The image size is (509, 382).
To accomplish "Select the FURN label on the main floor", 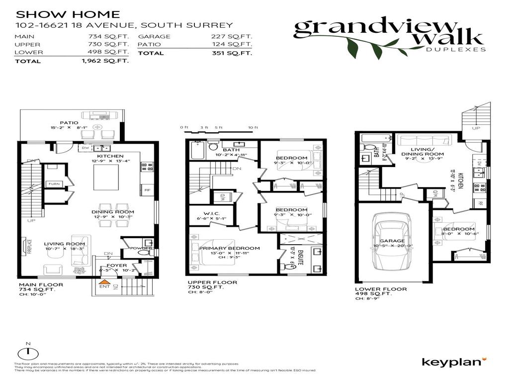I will point(53,184).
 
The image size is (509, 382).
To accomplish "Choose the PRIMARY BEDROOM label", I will point(229,248).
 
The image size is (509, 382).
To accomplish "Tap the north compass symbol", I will point(28,352).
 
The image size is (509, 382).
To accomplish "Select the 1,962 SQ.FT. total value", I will point(105,61).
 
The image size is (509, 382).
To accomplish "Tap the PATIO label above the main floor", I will point(69,122).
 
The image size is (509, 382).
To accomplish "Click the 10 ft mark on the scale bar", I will point(253,128).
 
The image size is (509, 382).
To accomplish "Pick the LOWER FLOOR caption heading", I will point(381,289).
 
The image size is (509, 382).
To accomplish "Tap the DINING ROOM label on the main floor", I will point(113,212).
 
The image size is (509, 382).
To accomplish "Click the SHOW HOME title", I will point(68,14).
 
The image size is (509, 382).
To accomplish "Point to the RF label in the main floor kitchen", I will point(147,189).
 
